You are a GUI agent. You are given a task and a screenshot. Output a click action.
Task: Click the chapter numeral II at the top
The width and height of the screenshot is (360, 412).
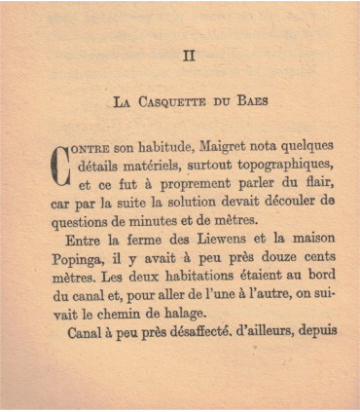pos(189,55)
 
